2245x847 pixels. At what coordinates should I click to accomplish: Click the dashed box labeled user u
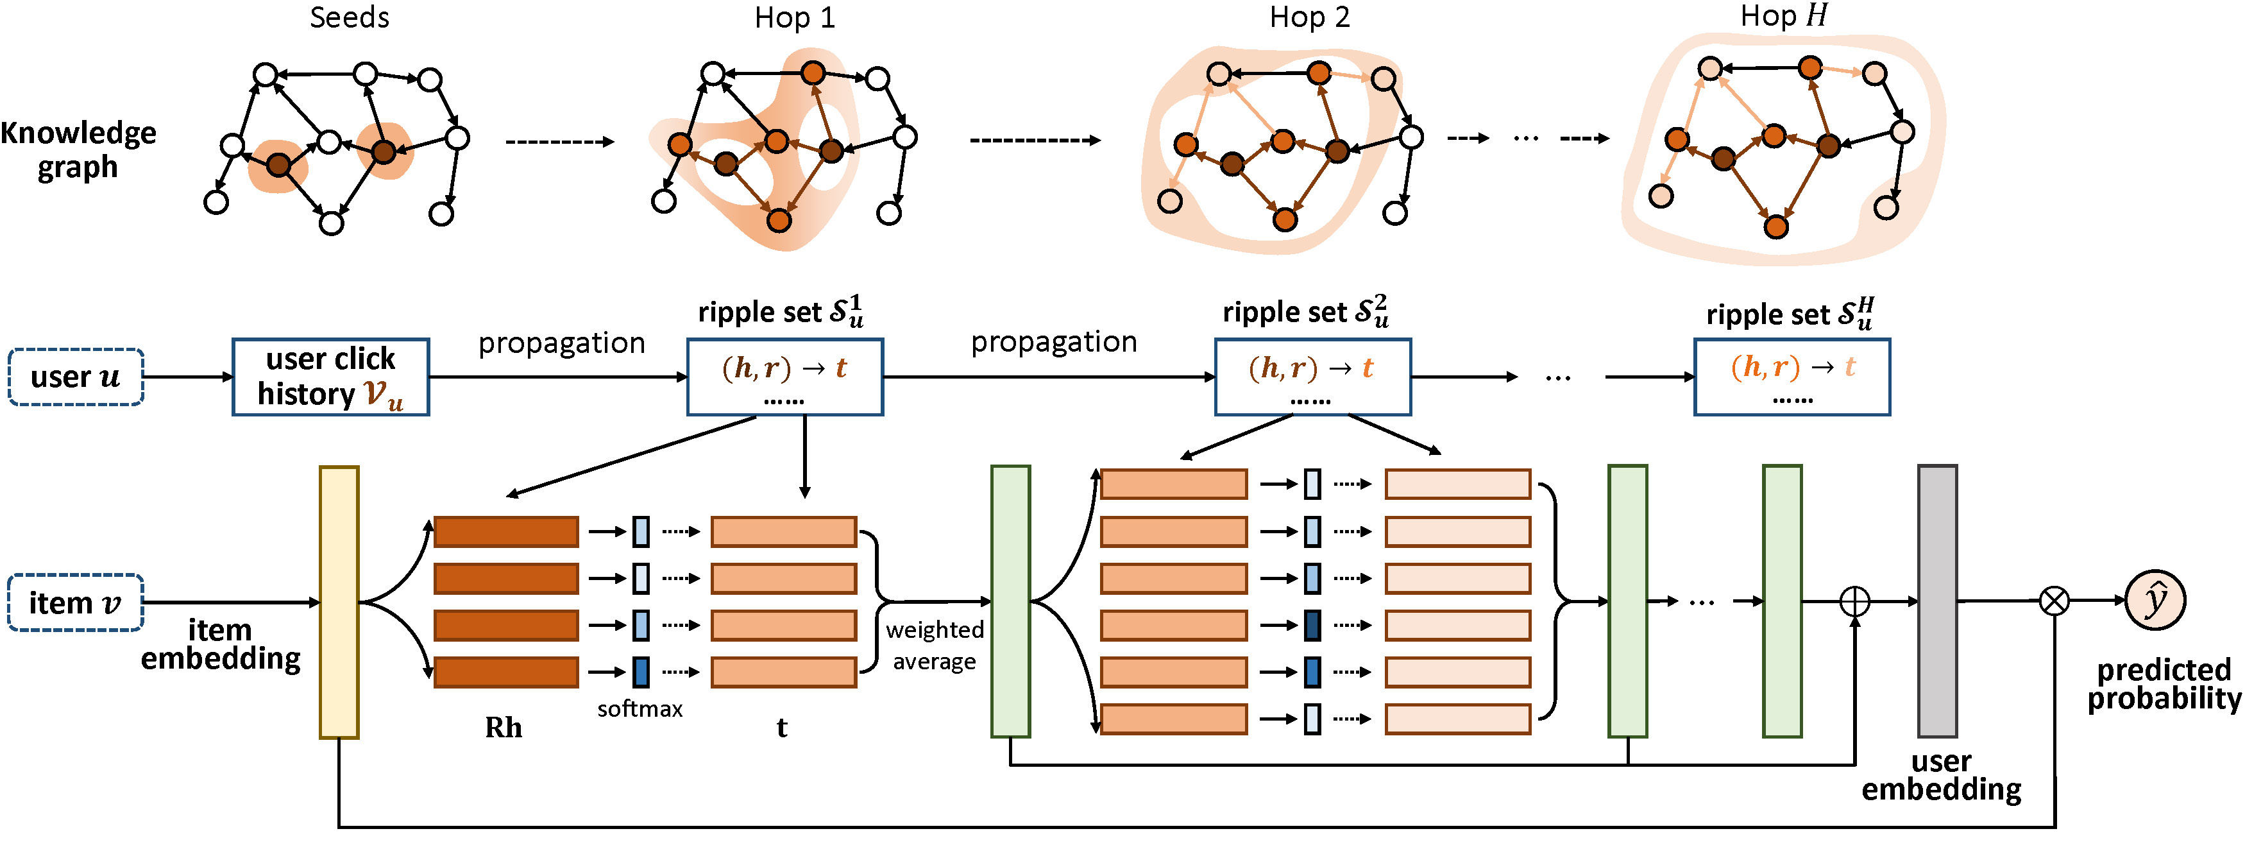coord(76,377)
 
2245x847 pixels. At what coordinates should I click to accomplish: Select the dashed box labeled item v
coord(76,602)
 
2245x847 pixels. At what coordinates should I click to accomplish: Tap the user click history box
coord(330,377)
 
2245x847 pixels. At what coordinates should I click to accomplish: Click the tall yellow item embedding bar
coord(339,602)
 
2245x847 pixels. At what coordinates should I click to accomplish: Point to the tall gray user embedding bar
coord(1937,601)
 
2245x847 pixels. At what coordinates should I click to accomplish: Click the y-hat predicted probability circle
coord(2155,601)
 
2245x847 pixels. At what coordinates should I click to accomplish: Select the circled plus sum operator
coord(1854,601)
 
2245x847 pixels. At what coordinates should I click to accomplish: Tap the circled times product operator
coord(2054,601)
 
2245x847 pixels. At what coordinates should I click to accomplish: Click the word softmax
coord(640,709)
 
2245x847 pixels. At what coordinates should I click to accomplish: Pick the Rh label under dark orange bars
coord(504,728)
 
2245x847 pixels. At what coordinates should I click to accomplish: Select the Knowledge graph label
coord(78,149)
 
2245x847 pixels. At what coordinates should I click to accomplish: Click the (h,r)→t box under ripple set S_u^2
coord(1312,377)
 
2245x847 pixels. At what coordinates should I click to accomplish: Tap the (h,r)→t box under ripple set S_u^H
coord(1792,377)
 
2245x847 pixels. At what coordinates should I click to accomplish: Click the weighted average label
coord(935,646)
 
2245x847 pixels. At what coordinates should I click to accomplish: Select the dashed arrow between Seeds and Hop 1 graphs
coord(559,142)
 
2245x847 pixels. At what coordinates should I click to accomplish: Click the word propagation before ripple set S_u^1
coord(562,343)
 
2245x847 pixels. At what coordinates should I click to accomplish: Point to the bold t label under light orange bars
coord(782,728)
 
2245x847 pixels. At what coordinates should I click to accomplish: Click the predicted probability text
coord(2164,684)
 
